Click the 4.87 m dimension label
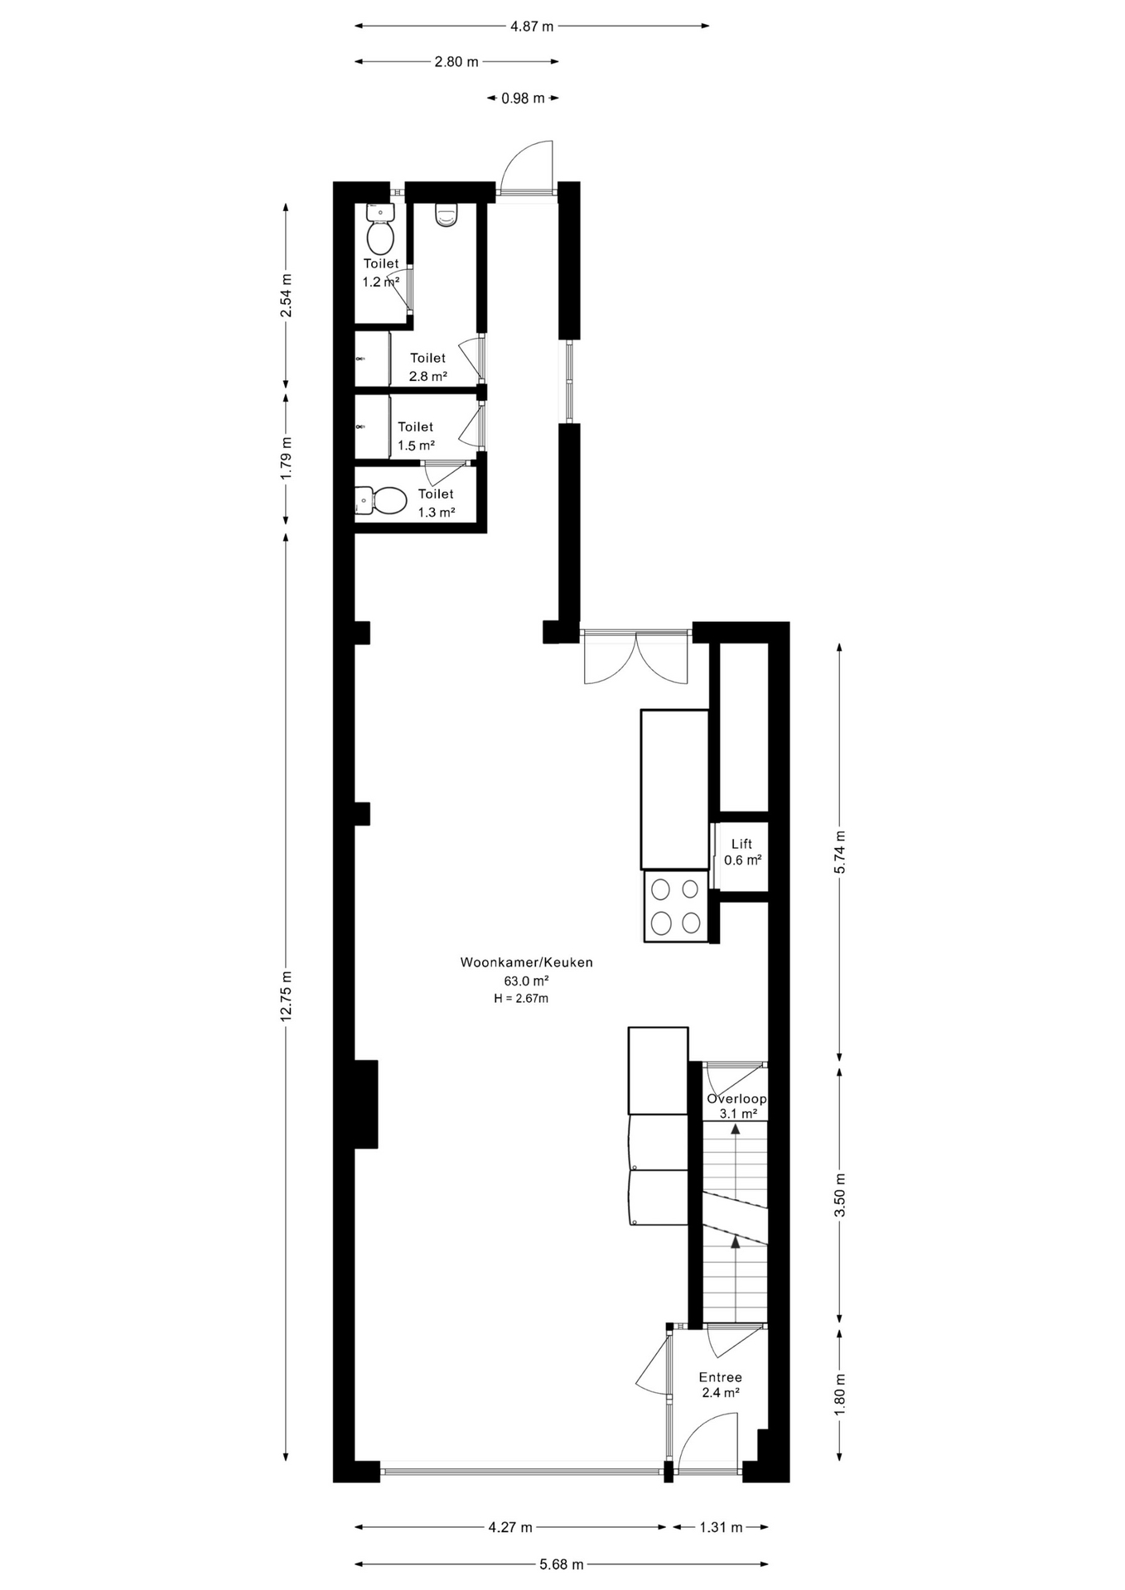pos(532,26)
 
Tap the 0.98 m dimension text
pos(523,99)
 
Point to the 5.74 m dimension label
pos(840,851)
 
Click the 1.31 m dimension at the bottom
pos(721,1527)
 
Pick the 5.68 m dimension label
pos(562,1564)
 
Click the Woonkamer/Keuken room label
pos(527,962)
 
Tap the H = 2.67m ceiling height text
pos(521,999)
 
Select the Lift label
pos(741,844)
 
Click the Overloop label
pos(736,1099)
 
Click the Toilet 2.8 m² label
pos(428,367)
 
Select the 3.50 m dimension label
pos(840,1195)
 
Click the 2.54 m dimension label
pos(287,296)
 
